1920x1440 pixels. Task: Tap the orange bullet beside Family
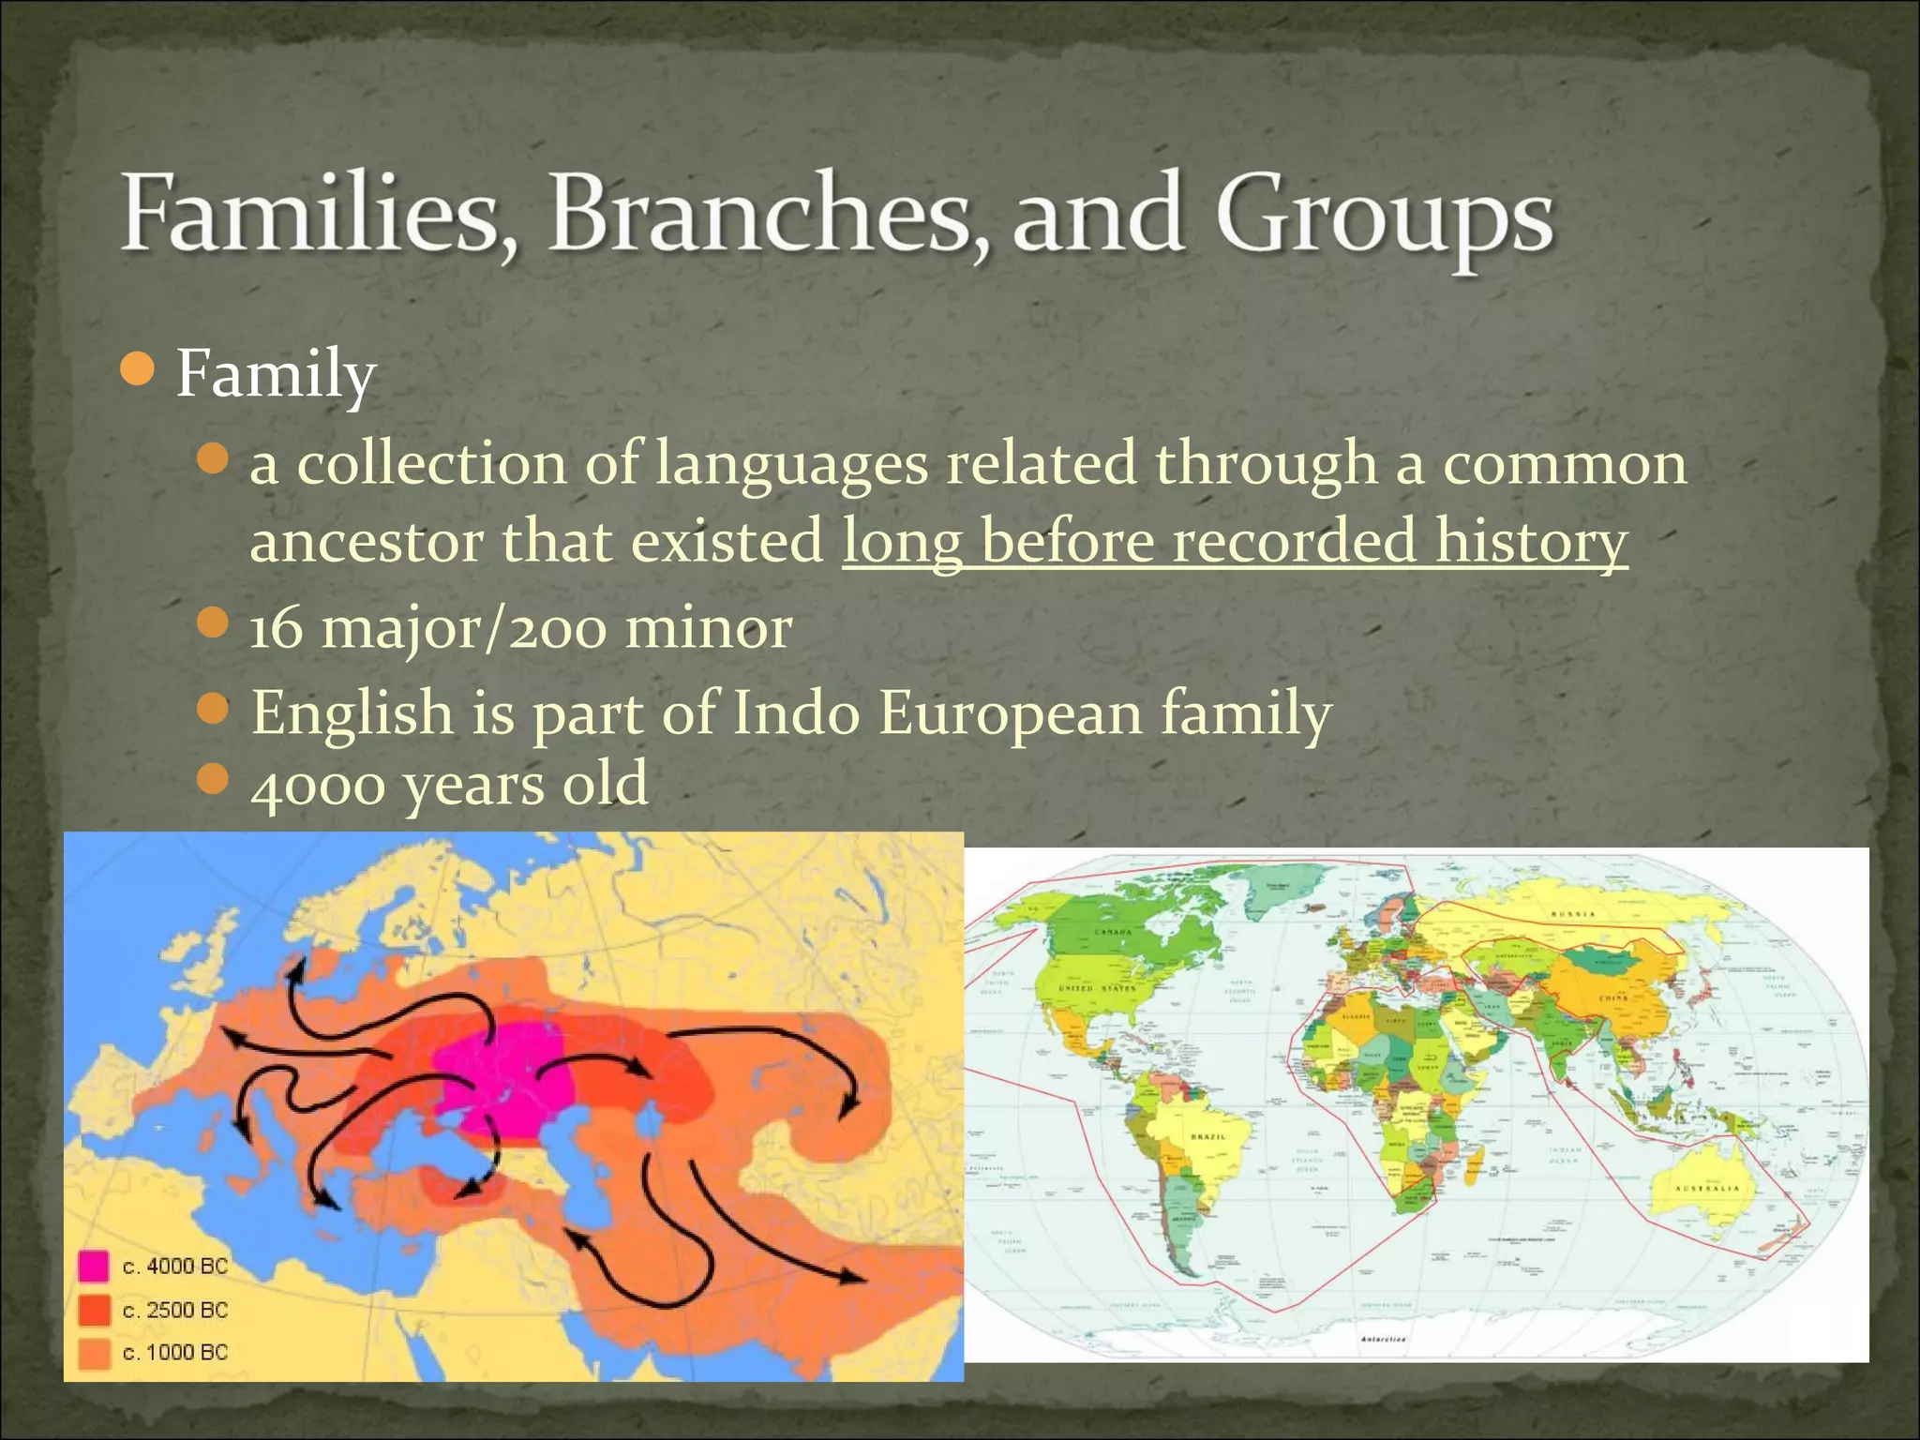[138, 370]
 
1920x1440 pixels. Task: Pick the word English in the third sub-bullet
[352, 712]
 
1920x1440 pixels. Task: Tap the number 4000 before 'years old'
[318, 784]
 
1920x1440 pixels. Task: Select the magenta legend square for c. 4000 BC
[93, 1267]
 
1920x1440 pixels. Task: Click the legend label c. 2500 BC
[175, 1310]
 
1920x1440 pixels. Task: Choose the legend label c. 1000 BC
[175, 1352]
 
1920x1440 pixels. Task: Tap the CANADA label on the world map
[1114, 933]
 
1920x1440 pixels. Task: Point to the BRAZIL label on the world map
[1208, 1136]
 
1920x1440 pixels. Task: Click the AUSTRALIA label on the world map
[1707, 1188]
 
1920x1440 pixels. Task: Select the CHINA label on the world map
[1614, 998]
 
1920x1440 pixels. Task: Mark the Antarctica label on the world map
[1382, 1340]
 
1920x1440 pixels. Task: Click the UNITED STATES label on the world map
[1097, 988]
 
